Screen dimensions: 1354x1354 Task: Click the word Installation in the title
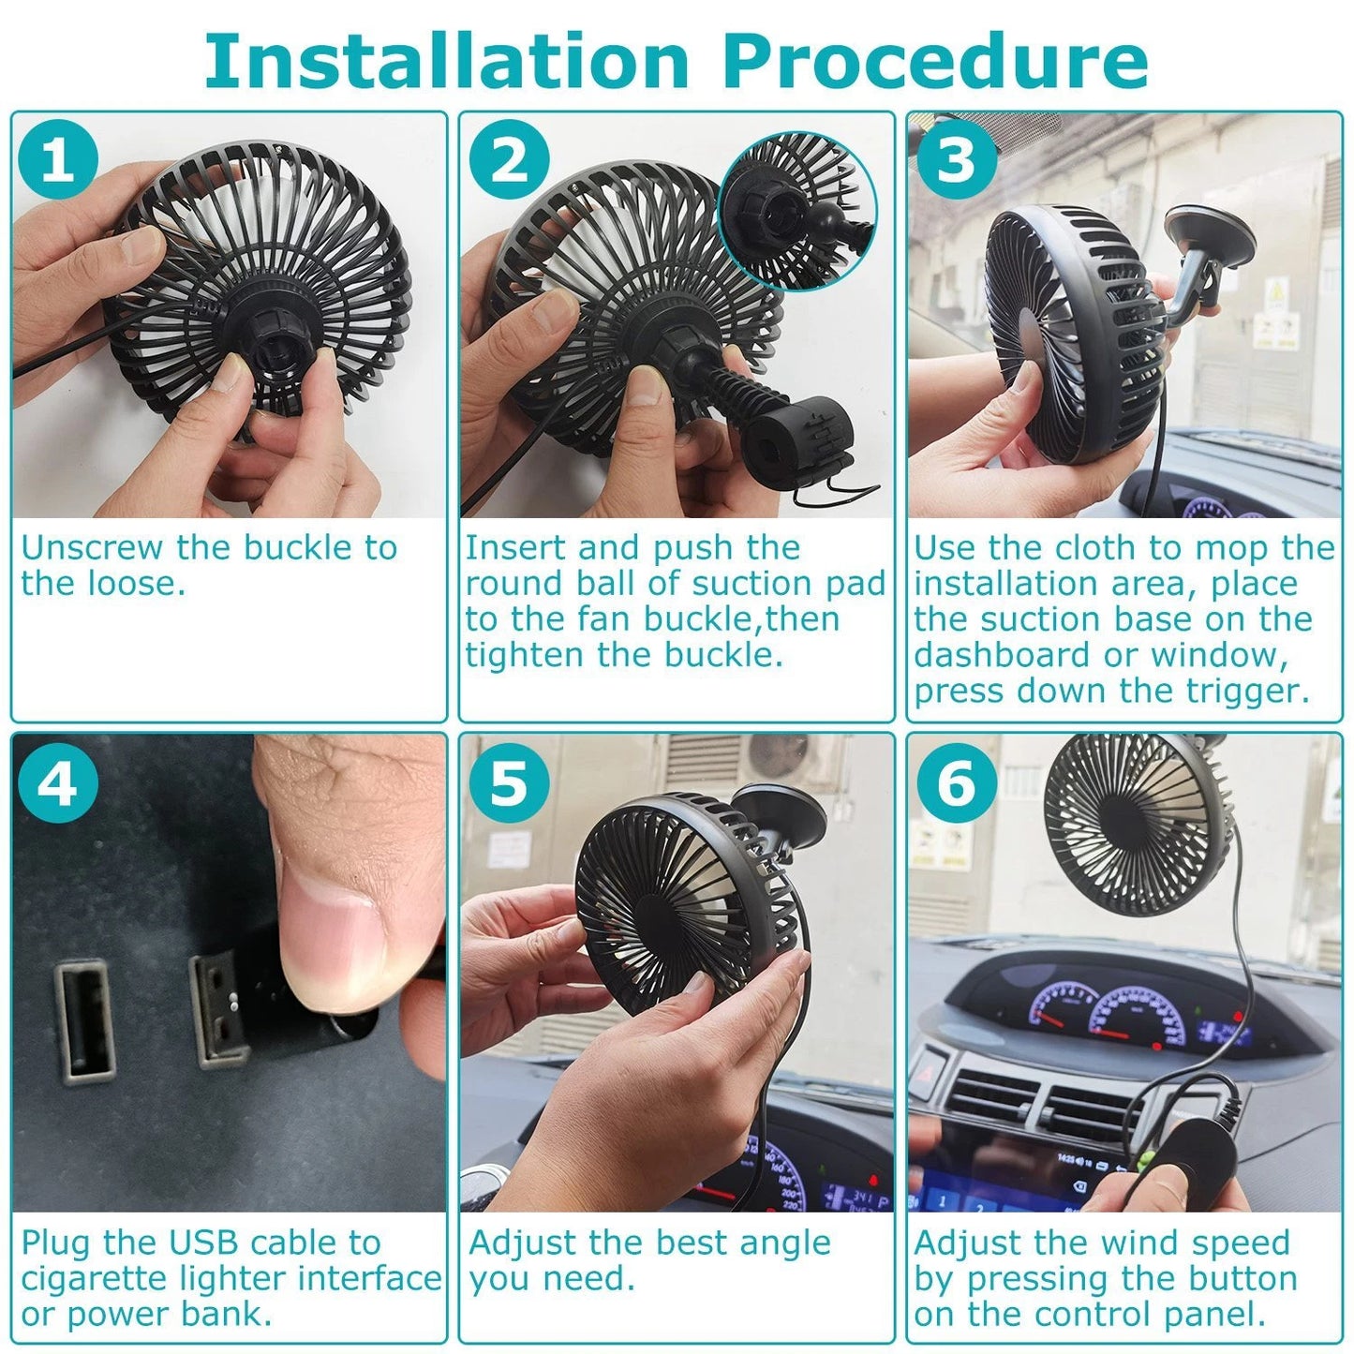tap(447, 62)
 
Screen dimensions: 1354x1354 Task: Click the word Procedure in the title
tap(934, 62)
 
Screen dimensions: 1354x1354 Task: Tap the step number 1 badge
tap(57, 160)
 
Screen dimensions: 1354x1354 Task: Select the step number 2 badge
tap(509, 160)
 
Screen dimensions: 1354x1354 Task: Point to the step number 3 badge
tap(956, 160)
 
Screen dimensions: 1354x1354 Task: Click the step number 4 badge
tap(57, 782)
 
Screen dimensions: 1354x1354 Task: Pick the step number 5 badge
tap(509, 782)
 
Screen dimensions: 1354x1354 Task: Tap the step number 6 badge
tap(956, 782)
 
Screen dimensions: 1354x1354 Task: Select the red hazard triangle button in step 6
tap(929, 1075)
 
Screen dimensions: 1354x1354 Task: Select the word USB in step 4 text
tap(205, 1243)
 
